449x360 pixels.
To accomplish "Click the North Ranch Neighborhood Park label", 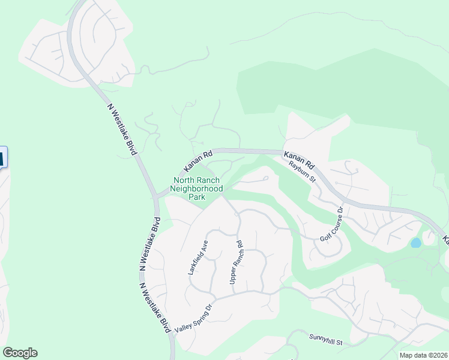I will coord(197,188).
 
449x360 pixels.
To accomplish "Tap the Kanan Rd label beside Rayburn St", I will coord(300,159).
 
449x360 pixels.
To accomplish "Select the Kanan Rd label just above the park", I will coord(199,160).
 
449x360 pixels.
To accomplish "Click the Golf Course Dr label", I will coord(331,225).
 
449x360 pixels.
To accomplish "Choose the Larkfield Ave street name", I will coord(199,257).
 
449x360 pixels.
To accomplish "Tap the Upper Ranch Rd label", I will coord(235,262).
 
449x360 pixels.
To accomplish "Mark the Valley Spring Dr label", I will coord(193,318).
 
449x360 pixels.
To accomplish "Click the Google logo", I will coord(20,353).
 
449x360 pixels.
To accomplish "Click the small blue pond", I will coord(415,243).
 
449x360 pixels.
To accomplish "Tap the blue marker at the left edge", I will coord(2,158).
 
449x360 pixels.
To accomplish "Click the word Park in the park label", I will coord(197,197).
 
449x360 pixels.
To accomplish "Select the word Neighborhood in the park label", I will coord(197,188).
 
